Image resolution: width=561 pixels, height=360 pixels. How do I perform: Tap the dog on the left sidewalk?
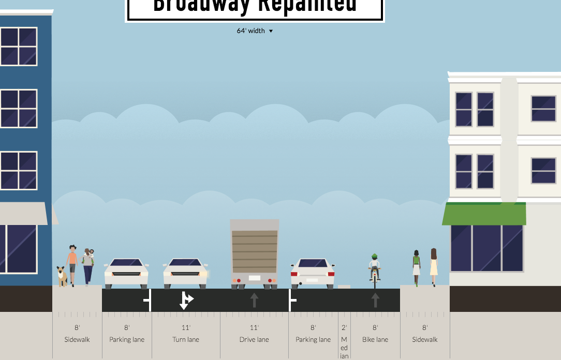point(62,276)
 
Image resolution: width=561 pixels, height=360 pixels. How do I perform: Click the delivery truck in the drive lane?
point(254,253)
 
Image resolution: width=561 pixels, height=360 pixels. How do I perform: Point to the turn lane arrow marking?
point(185,300)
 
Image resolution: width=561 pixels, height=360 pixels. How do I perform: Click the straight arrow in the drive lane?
point(254,300)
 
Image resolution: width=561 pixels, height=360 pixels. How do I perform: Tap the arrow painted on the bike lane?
point(375,300)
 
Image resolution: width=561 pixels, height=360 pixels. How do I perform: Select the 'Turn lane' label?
point(186,340)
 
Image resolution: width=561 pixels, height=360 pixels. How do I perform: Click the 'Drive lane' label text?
point(254,340)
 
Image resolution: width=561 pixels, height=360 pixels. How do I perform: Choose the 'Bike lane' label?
point(375,340)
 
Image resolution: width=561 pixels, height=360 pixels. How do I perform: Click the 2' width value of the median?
point(344,327)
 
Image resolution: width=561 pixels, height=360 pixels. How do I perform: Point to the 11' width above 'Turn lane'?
point(186,327)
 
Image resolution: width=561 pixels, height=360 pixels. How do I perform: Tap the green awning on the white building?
point(484,214)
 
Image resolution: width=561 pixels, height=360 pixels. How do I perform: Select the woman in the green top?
point(416,267)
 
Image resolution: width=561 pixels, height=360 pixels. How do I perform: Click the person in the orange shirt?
point(72,264)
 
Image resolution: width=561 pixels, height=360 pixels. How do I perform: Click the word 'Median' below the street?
point(344,348)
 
